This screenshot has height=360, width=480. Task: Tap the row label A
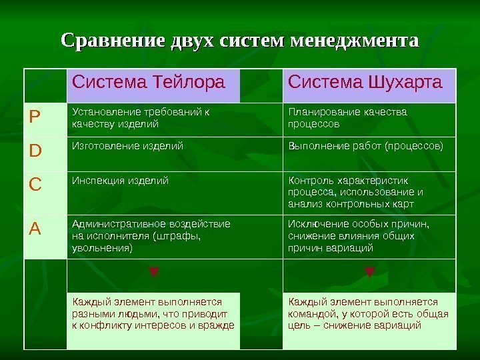[34, 229]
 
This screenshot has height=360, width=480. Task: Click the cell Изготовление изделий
[127, 145]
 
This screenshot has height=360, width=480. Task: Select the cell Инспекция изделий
[120, 180]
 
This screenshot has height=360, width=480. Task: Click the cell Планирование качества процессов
[347, 117]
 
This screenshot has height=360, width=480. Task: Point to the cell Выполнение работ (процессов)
[365, 145]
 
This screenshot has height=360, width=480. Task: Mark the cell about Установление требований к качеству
[140, 117]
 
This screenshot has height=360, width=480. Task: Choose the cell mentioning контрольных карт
[354, 192]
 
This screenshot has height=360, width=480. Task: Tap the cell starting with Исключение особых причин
[358, 235]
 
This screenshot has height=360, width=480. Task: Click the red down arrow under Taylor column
[153, 272]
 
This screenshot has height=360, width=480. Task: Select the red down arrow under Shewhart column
[369, 272]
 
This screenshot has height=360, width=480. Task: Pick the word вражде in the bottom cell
[219, 325]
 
